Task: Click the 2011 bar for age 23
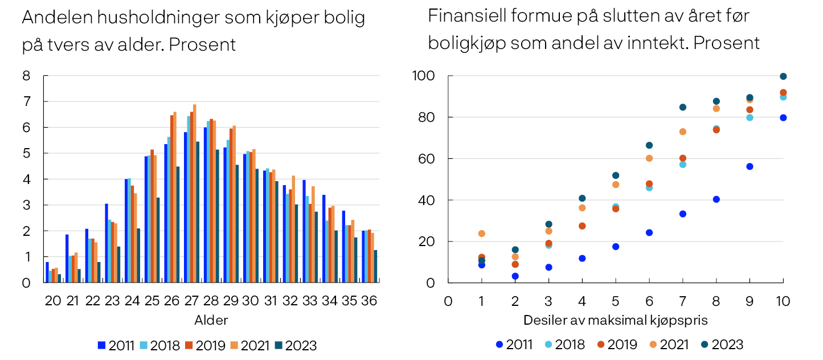pos(107,243)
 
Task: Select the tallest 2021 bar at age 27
pos(194,194)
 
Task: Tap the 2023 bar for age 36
pos(375,266)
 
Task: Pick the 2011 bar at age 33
pos(305,231)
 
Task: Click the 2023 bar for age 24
pos(138,256)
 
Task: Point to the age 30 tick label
pos(251,300)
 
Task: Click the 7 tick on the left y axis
pos(27,102)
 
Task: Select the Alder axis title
pos(211,320)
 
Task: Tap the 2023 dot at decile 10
pos(783,76)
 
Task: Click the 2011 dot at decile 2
pos(515,276)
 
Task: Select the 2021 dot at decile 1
pos(482,234)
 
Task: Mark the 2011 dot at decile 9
pos(750,166)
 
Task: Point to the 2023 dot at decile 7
pos(682,107)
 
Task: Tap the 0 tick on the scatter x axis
pos(448,300)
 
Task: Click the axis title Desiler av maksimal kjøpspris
pos(615,320)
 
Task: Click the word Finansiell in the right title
pos(461,17)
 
